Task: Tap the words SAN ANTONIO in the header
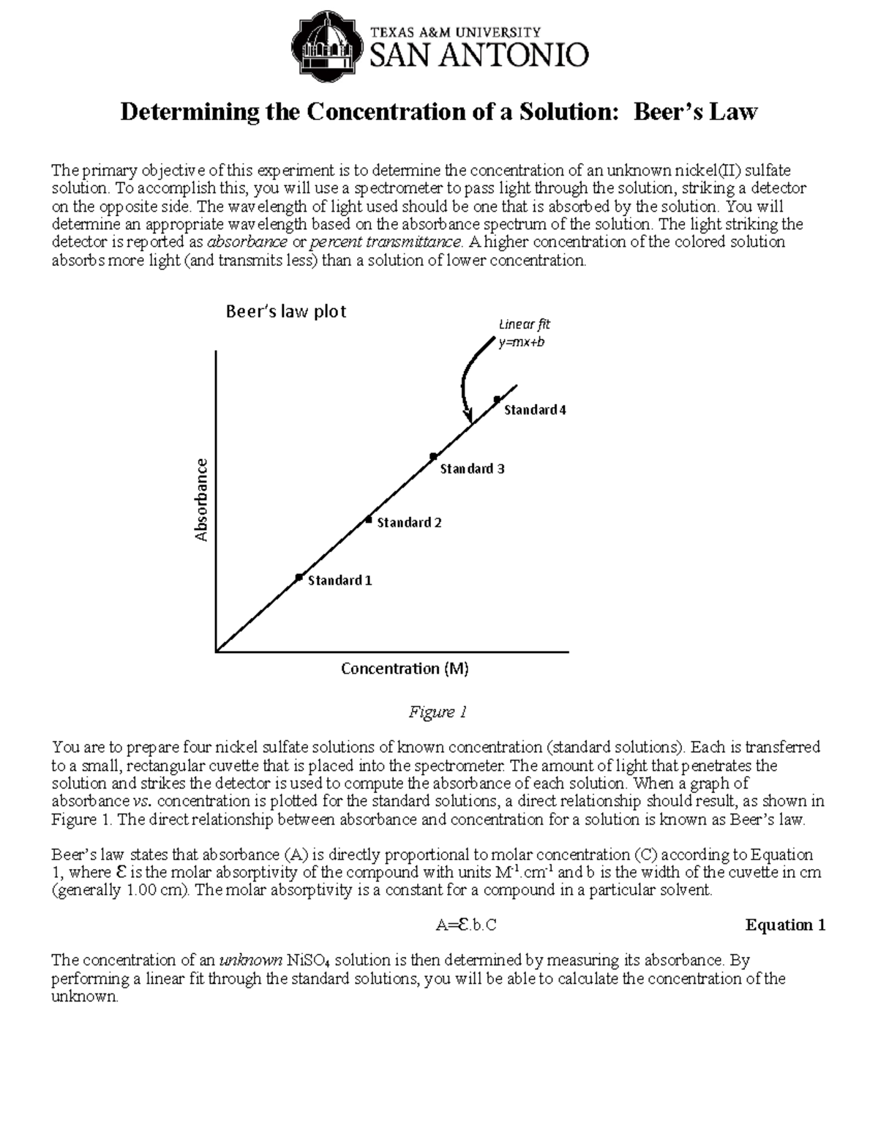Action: (x=480, y=55)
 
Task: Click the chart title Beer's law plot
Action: (x=285, y=312)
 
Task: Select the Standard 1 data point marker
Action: (x=299, y=578)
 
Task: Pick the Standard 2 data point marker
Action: (x=369, y=520)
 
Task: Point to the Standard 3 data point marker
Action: (x=433, y=456)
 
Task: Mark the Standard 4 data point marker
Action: (x=497, y=399)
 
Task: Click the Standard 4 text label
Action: (x=535, y=410)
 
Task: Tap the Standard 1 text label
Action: (x=339, y=581)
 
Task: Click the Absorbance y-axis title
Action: (x=201, y=500)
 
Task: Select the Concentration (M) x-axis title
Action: (x=405, y=668)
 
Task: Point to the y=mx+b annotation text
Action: (x=522, y=342)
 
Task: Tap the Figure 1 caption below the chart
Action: (x=437, y=712)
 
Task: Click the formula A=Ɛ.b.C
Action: (x=466, y=925)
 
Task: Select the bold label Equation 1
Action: (x=785, y=925)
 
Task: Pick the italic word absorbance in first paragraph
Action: (x=247, y=242)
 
